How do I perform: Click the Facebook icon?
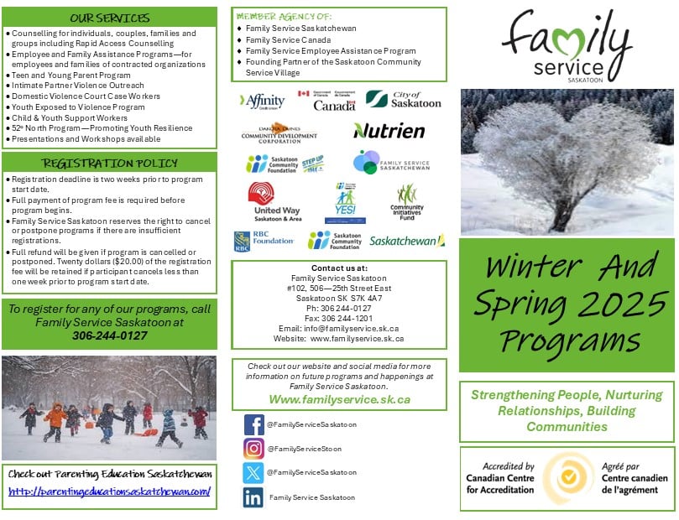pos(253,425)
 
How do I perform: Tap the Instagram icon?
pos(253,449)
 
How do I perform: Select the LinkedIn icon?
pos(253,497)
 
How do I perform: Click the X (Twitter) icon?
pos(253,473)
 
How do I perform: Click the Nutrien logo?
pos(389,131)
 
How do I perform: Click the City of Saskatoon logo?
pos(403,100)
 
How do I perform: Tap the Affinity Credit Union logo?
pos(263,101)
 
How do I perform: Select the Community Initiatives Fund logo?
pos(407,201)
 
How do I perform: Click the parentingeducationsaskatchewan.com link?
pos(109,491)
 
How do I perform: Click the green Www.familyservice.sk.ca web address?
pos(339,400)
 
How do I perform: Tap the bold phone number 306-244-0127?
pos(109,335)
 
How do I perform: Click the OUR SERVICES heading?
pos(109,18)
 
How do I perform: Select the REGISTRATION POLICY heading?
pos(109,163)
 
